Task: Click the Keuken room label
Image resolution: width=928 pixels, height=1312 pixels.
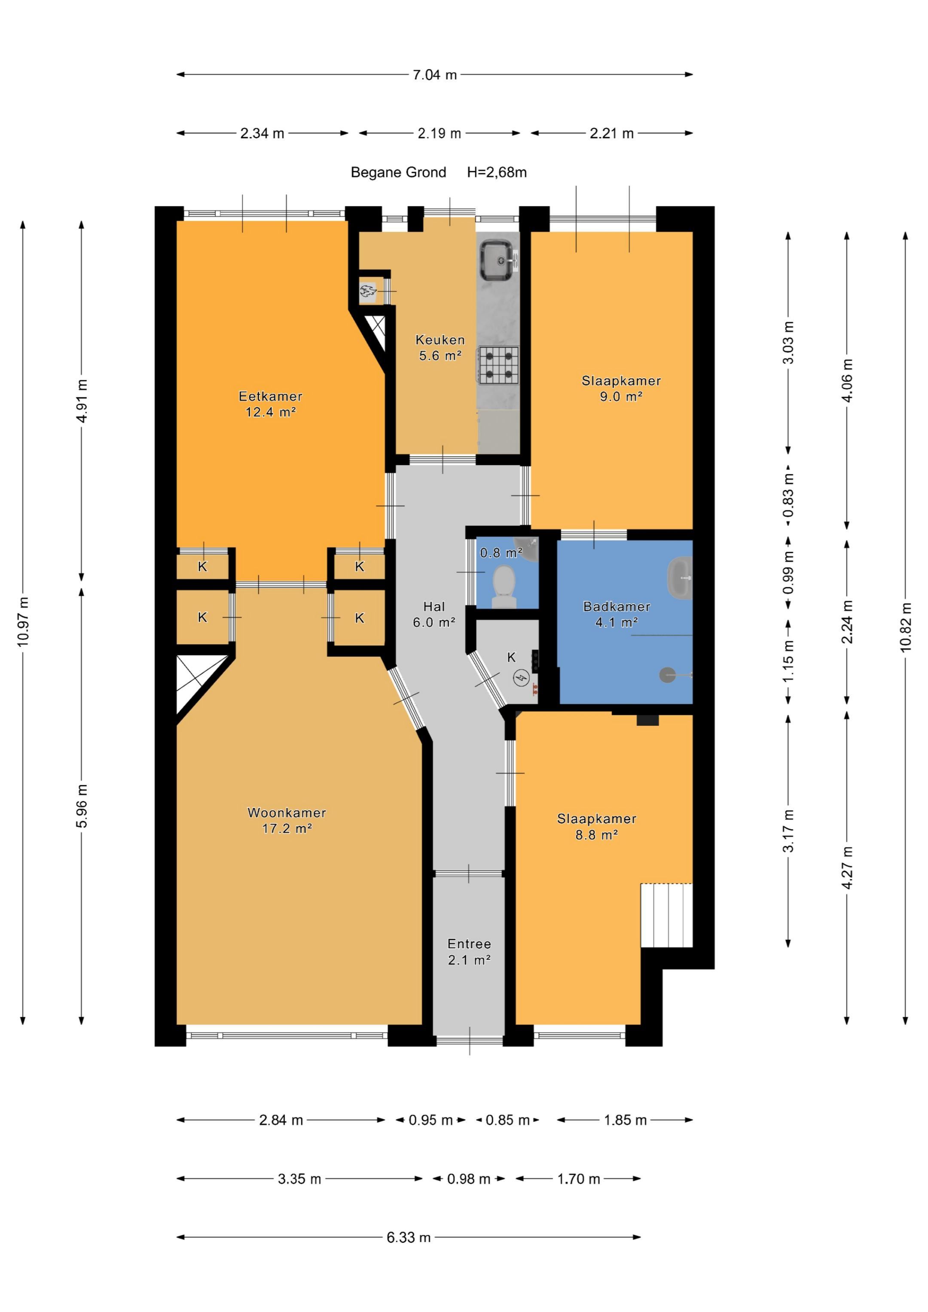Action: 440,340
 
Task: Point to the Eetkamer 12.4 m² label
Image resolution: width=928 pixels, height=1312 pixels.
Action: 271,404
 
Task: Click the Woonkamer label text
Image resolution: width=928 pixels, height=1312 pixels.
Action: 287,812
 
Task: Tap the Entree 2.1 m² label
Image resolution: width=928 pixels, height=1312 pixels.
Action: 469,952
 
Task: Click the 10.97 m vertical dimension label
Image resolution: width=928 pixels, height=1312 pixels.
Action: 23,622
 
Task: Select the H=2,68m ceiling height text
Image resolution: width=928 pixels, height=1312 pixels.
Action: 497,172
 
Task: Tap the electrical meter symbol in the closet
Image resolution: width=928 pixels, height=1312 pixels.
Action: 521,678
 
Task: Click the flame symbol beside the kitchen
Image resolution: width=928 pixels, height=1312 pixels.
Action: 366,292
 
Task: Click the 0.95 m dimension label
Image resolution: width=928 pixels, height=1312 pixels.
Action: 430,1120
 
